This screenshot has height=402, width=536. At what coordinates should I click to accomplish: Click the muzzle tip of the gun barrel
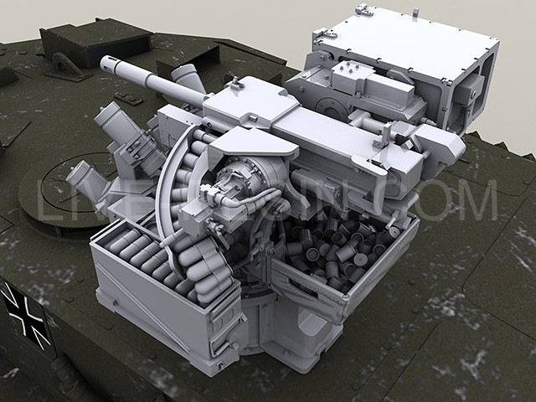106,64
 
